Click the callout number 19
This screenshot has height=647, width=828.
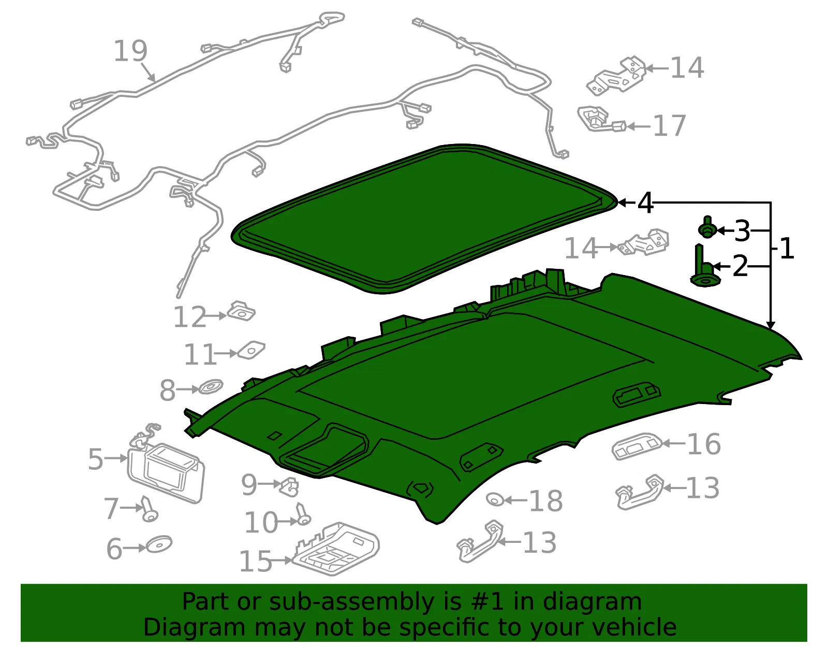[x=131, y=51]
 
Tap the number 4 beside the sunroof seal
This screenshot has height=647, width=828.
[x=645, y=203]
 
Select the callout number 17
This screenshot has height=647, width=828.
[x=670, y=126]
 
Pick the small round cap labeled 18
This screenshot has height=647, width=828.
[x=495, y=499]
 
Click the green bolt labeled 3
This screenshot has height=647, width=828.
[x=707, y=227]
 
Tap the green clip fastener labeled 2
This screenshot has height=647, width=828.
[x=704, y=266]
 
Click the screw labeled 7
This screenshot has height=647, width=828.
[x=149, y=509]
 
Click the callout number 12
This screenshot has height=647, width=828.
[x=190, y=317]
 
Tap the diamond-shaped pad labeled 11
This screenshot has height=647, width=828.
[x=251, y=350]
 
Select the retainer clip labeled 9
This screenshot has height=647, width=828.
[x=289, y=486]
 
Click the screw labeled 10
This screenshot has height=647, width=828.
[x=303, y=514]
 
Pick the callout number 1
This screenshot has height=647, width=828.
[x=787, y=249]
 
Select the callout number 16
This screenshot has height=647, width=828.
[x=703, y=444]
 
